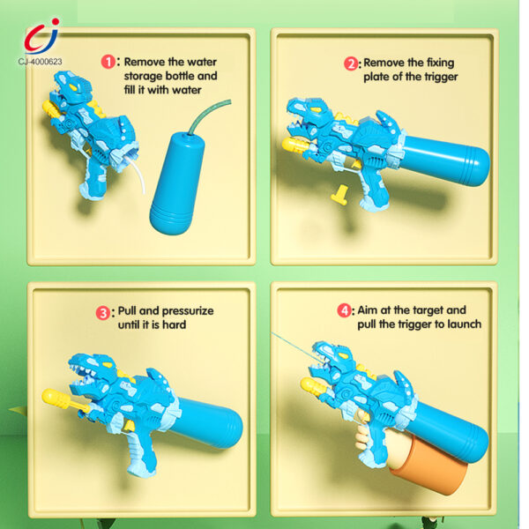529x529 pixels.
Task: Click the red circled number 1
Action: click(x=109, y=63)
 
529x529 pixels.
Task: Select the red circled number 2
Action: click(x=350, y=63)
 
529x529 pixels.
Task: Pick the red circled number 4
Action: click(x=344, y=311)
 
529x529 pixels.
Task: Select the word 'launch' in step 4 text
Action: click(x=462, y=324)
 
